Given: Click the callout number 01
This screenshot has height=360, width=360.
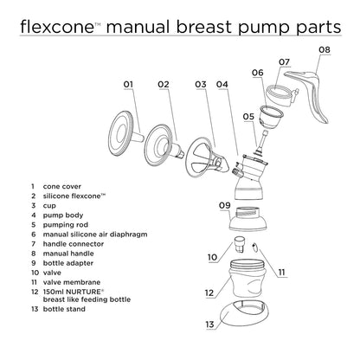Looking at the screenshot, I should (130, 84).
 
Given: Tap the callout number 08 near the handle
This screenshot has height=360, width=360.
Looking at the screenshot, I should (324, 50).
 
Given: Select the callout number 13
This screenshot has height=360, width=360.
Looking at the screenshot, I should (209, 325).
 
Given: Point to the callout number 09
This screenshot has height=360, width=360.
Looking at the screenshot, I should (223, 205).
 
